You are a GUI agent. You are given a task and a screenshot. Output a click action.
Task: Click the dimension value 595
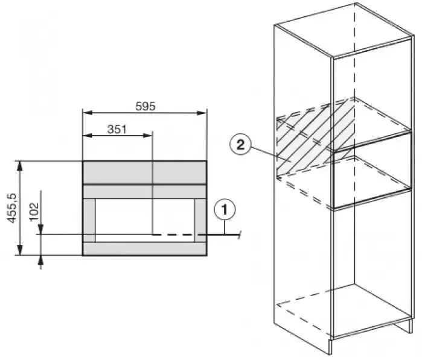coord(145,107)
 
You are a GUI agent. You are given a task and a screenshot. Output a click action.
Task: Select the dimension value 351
coord(117,129)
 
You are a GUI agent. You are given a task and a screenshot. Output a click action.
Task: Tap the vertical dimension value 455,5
coord(12,208)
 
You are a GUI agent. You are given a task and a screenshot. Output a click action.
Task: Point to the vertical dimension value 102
coord(34,212)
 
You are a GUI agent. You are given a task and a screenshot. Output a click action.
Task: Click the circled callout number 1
coord(225,209)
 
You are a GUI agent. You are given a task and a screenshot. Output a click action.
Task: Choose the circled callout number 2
coord(240,145)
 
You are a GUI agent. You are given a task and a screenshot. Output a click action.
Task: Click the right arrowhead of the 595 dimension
coord(201,113)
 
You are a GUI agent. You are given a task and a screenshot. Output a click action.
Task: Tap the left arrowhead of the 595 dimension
coord(88,113)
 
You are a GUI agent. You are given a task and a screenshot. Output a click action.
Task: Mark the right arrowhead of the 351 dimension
coord(147,135)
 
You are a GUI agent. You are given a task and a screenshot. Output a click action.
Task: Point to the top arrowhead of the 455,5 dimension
coord(19,166)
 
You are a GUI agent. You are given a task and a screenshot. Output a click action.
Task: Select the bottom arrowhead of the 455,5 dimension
coord(19,250)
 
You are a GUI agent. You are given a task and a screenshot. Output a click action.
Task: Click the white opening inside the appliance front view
coord(144,221)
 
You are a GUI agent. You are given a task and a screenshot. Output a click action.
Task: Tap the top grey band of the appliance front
coord(144,172)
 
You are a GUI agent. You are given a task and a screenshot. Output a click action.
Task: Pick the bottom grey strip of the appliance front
coord(144,248)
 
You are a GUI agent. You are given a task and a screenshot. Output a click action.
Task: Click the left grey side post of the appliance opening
coord(89,221)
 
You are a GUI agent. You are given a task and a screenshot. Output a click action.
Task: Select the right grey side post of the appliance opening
coord(200,221)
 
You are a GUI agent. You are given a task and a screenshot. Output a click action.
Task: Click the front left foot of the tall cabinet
coord(330,347)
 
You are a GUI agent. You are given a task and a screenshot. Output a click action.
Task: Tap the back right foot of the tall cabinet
coord(411,326)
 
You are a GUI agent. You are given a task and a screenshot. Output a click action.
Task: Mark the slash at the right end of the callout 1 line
coord(239,234)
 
